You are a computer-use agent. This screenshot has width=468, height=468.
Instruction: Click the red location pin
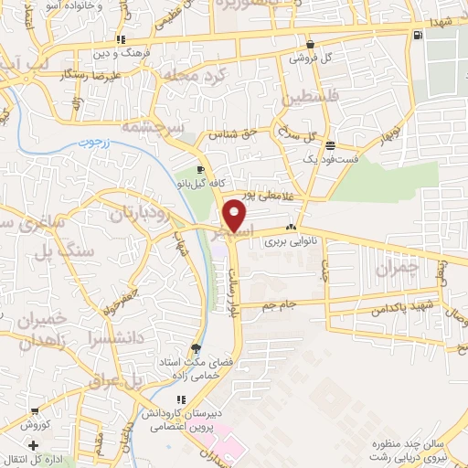(x=236, y=213)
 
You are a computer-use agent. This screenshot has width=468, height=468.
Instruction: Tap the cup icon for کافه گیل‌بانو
(x=199, y=168)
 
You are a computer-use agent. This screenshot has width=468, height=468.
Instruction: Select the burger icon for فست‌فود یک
(x=330, y=145)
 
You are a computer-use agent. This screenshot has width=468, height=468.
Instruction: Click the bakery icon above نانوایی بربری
(x=291, y=228)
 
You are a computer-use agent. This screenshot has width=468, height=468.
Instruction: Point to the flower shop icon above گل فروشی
(x=311, y=43)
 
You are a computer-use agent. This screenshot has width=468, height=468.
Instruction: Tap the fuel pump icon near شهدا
(x=418, y=35)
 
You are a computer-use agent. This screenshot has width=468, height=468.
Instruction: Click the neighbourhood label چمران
(x=395, y=268)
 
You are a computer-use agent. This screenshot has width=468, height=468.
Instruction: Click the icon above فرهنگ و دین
(x=121, y=40)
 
